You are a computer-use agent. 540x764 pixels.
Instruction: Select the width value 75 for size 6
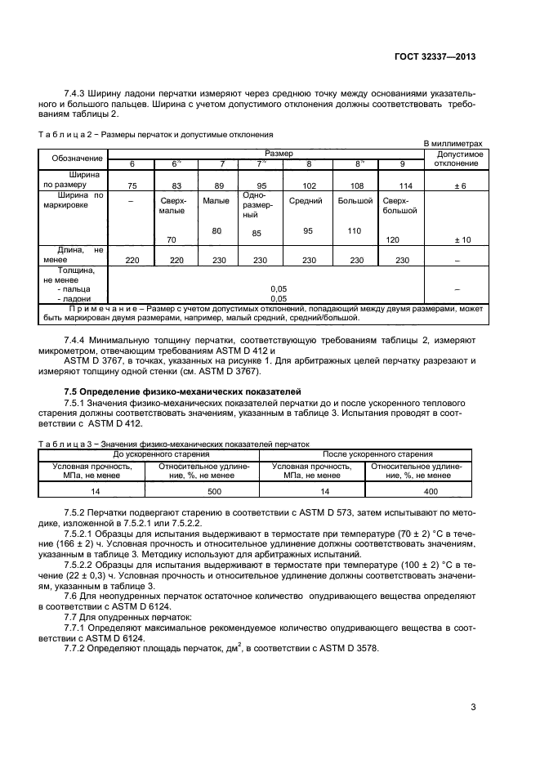click(132, 186)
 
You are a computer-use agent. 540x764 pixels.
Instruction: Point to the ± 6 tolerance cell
click(460, 186)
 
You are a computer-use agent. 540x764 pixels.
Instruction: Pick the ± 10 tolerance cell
click(460, 240)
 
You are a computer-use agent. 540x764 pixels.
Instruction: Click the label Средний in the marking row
click(308, 201)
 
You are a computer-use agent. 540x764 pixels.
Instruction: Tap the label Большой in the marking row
click(355, 201)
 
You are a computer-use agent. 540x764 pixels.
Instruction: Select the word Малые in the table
click(215, 201)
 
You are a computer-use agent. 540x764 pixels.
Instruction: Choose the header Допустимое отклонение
click(460, 158)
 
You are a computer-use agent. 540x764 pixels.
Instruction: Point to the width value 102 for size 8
click(308, 186)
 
